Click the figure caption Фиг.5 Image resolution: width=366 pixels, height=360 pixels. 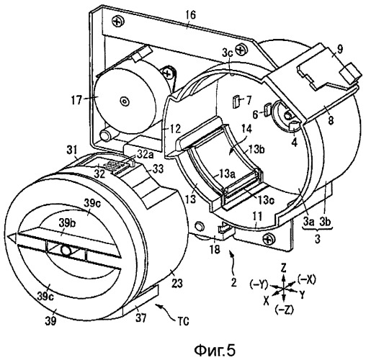215,351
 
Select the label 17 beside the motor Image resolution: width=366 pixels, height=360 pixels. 77,99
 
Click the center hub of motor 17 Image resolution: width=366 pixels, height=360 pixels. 124,102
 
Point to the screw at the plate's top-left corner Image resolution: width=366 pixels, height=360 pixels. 117,22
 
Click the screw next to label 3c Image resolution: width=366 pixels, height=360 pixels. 241,50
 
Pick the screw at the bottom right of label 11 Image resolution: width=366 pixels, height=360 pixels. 268,239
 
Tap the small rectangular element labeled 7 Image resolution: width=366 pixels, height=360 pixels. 236,101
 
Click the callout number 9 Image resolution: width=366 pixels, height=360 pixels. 339,49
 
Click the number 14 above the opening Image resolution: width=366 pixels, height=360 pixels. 247,129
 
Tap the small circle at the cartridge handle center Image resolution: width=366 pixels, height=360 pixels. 66,251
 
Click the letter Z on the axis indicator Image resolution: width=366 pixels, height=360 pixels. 283,268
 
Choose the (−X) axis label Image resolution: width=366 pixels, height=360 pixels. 306,279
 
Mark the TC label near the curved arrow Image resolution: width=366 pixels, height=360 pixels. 183,320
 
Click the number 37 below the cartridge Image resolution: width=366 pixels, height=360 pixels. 141,318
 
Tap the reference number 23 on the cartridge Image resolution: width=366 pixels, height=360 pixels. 177,283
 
